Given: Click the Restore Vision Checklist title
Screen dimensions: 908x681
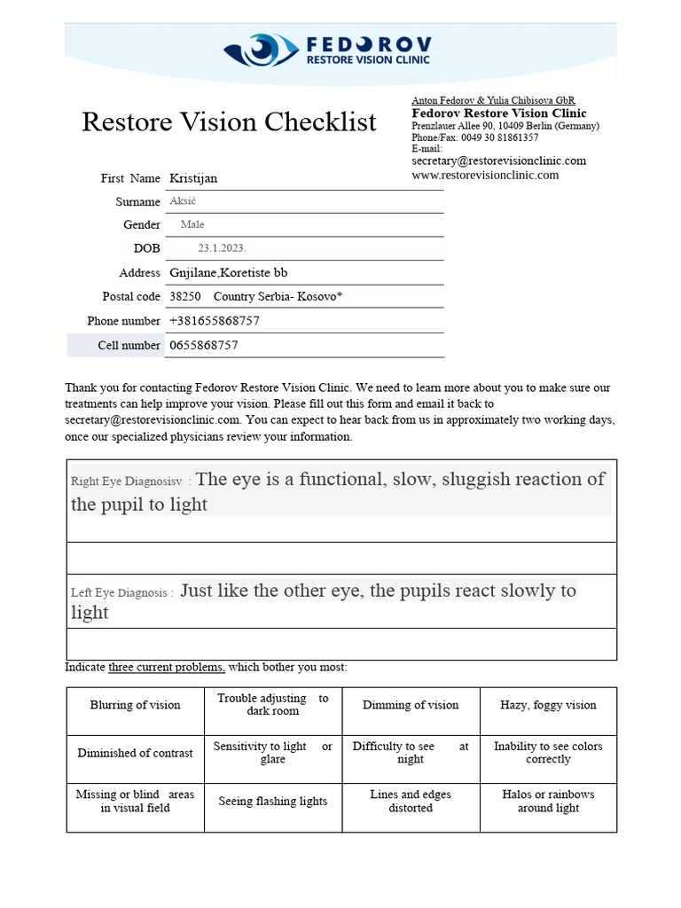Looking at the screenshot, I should pyautogui.click(x=229, y=122).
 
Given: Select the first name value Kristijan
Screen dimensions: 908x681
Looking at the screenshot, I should pyautogui.click(x=193, y=178).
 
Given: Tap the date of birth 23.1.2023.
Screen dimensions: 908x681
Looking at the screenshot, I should pyautogui.click(x=216, y=248).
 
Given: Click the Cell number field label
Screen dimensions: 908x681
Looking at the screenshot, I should pyautogui.click(x=129, y=345).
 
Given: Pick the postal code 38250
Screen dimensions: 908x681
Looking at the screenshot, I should pyautogui.click(x=184, y=296).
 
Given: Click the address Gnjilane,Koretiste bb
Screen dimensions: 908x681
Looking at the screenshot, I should pyautogui.click(x=228, y=272).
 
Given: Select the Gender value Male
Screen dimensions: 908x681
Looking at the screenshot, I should pyautogui.click(x=192, y=225).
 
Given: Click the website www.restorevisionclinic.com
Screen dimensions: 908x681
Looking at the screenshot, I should pyautogui.click(x=485, y=176).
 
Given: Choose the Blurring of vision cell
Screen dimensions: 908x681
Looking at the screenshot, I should pyautogui.click(x=135, y=706).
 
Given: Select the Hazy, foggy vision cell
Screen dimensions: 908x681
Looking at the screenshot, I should pyautogui.click(x=548, y=706).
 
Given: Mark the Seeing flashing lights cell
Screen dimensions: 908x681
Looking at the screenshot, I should pyautogui.click(x=273, y=802).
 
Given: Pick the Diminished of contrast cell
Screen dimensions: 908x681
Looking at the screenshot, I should pyautogui.click(x=135, y=754).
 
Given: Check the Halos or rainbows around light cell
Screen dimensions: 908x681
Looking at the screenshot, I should pyautogui.click(x=548, y=802).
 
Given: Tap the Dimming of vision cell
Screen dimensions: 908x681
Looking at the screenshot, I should pyautogui.click(x=411, y=706).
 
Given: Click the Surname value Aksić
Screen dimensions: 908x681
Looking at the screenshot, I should pyautogui.click(x=182, y=202).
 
